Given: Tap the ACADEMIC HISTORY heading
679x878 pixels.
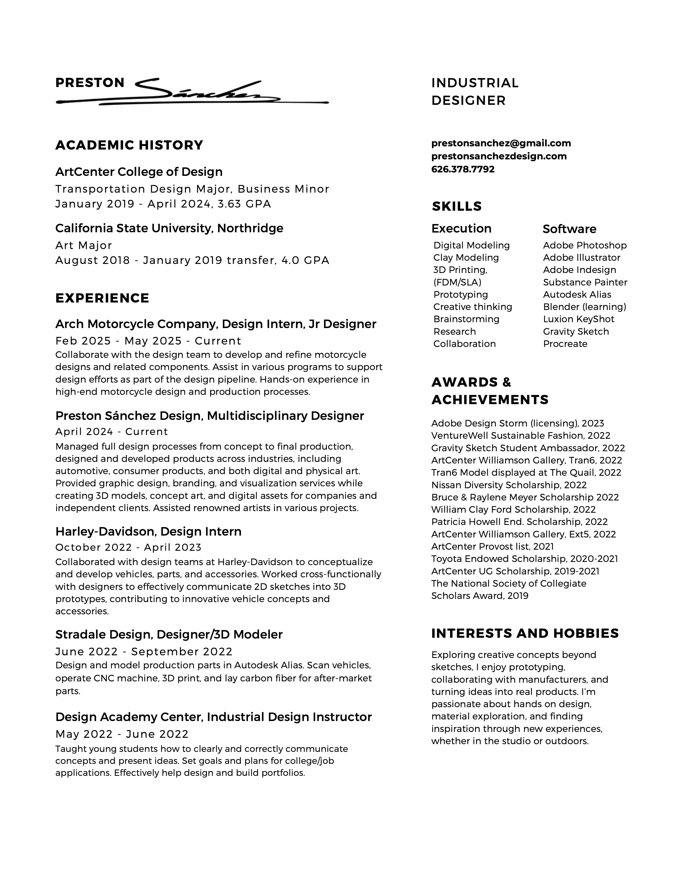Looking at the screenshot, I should [129, 145].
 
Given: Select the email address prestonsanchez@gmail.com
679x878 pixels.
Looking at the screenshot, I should [501, 143].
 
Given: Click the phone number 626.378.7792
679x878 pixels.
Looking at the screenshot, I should [463, 169].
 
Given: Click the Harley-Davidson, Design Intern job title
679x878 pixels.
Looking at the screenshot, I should [148, 532].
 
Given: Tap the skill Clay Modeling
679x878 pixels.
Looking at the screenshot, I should [466, 258].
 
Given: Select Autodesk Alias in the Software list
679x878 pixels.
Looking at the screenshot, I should [577, 295].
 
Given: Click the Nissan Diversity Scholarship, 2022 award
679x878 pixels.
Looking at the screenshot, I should [509, 485].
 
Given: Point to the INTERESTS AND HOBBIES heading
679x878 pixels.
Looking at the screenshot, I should [525, 633].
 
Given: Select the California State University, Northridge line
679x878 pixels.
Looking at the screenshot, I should [169, 228].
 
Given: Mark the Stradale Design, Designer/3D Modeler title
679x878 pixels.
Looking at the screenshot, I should [169, 634].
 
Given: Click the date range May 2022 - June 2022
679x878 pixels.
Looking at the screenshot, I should [122, 735].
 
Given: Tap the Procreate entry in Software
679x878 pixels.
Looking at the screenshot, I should [565, 344].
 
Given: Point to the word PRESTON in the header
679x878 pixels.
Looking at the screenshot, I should [90, 83].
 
